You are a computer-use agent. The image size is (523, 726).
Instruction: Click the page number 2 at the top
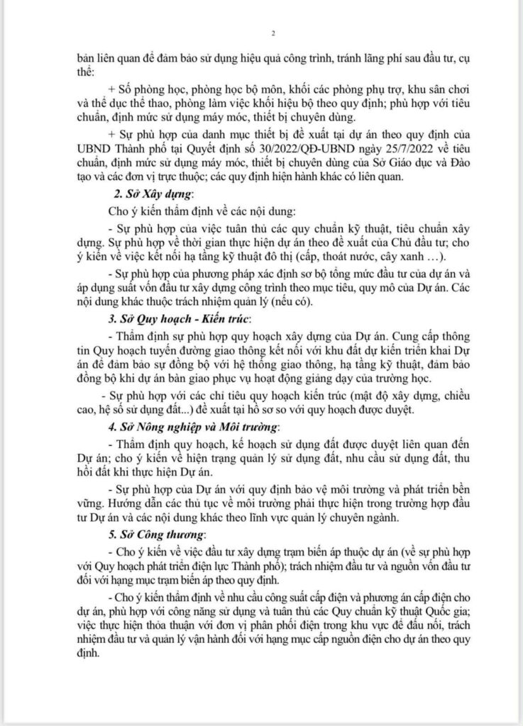[x=273, y=33]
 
